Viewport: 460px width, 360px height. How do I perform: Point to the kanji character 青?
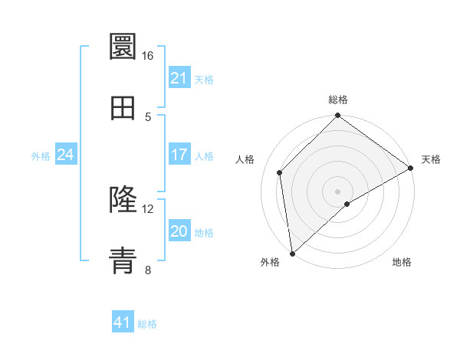click(123, 260)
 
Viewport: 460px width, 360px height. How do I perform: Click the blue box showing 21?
click(179, 78)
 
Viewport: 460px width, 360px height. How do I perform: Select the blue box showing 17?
click(179, 155)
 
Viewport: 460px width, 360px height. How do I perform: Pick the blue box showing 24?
click(65, 155)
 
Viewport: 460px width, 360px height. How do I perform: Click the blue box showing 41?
click(123, 322)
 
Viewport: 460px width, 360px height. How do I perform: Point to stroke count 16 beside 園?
click(148, 56)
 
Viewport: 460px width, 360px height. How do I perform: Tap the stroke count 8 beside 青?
click(148, 270)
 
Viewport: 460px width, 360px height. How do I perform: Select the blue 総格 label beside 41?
click(147, 324)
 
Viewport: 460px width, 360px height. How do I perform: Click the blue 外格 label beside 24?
click(41, 156)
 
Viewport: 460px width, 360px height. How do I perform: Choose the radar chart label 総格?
click(338, 100)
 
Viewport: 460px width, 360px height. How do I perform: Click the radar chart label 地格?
click(402, 263)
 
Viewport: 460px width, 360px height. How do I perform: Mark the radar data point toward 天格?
click(411, 169)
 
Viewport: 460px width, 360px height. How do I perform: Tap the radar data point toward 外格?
click(292, 254)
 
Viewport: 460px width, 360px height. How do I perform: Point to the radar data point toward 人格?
click(280, 172)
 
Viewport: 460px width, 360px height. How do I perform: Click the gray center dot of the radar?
click(338, 191)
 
